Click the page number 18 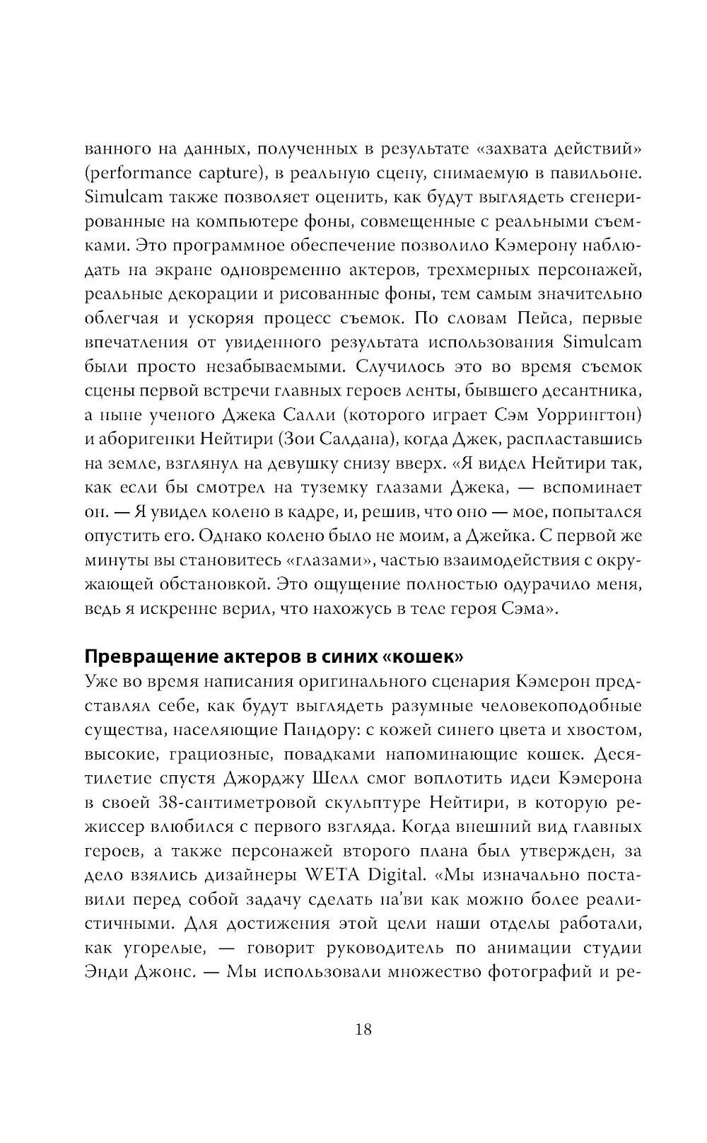363,1028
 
